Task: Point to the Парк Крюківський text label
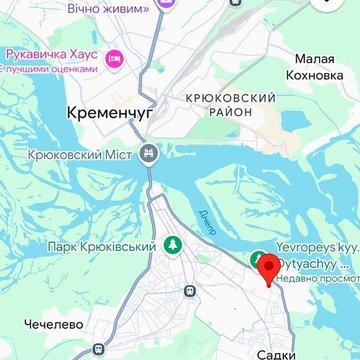pyautogui.click(x=102, y=246)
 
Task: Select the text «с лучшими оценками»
pyautogui.click(x=55, y=69)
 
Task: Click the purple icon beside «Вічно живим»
pyautogui.click(x=166, y=6)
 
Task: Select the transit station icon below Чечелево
pyautogui.click(x=97, y=351)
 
